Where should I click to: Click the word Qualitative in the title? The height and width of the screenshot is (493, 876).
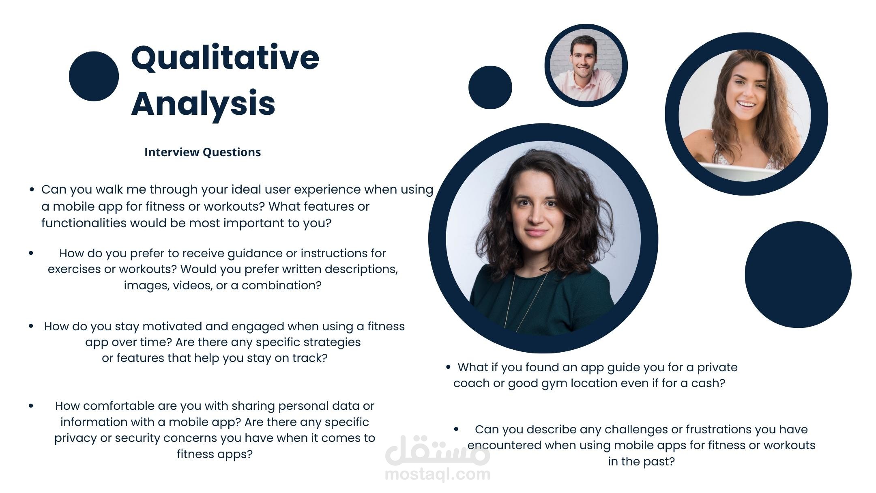[225, 58]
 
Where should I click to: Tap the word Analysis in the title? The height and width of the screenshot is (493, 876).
[203, 104]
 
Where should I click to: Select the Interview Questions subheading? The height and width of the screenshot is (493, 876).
[202, 152]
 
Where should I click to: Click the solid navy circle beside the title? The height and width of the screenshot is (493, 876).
[94, 76]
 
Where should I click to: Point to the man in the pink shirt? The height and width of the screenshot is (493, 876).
[586, 67]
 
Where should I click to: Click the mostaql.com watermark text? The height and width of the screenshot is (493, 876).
[438, 474]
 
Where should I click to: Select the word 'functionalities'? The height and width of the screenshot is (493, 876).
[84, 223]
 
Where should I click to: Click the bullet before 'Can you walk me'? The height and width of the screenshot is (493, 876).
[32, 189]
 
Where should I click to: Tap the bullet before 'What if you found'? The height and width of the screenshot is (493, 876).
[448, 367]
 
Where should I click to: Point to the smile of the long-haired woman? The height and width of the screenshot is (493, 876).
[746, 105]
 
